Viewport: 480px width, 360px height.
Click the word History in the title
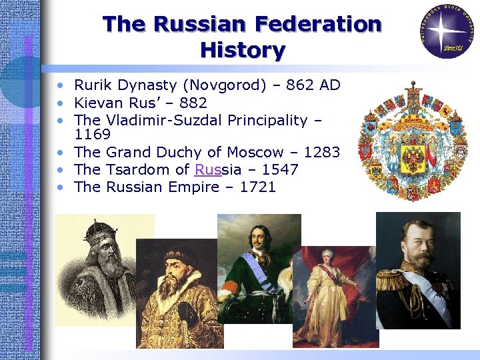(x=242, y=50)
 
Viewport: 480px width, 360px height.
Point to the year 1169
(x=93, y=135)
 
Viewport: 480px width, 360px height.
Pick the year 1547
(x=279, y=169)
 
